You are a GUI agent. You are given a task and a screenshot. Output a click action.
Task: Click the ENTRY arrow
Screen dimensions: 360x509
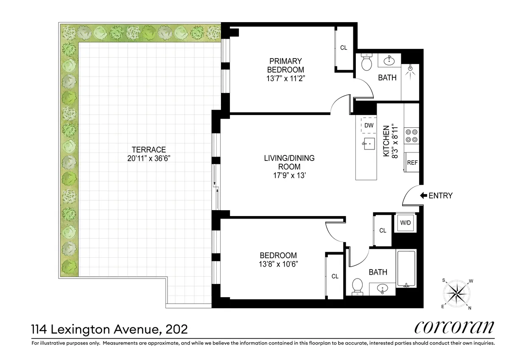(x=423, y=196)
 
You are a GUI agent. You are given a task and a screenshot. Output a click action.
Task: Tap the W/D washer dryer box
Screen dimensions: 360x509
(x=406, y=222)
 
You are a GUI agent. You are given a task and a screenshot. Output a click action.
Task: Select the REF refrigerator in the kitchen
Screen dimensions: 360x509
(x=412, y=163)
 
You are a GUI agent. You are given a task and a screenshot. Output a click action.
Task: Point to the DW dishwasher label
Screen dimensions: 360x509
(x=369, y=125)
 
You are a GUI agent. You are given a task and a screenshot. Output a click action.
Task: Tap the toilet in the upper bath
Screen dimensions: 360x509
(x=366, y=64)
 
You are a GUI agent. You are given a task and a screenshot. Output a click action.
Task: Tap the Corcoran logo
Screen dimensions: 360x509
(x=453, y=328)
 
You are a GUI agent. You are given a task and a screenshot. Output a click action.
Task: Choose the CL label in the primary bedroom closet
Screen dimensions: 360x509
(x=344, y=48)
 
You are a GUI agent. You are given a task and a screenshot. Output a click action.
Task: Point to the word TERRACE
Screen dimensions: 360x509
(x=148, y=149)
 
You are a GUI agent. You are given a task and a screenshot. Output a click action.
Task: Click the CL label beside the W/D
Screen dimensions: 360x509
(x=383, y=231)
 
